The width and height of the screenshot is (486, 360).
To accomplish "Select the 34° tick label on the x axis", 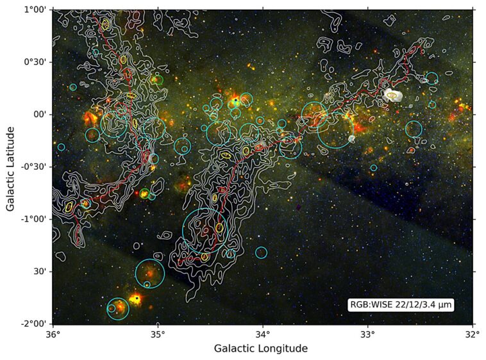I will (262, 334).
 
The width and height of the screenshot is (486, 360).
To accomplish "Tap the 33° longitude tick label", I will (367, 334).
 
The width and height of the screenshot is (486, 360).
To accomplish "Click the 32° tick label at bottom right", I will (472, 334).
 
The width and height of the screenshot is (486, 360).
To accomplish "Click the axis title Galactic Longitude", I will (260, 349).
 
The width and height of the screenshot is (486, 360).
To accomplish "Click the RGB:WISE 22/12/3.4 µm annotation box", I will (401, 306).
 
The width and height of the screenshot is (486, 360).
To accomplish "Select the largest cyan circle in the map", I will (205, 232).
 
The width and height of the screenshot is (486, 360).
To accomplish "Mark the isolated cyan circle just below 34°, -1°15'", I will (261, 252).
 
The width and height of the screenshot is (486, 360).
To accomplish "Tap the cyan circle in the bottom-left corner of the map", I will (117, 309).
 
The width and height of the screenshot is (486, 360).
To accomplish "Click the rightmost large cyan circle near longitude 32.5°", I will (414, 129).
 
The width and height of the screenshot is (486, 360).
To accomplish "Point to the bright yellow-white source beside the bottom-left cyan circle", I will (135, 299).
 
